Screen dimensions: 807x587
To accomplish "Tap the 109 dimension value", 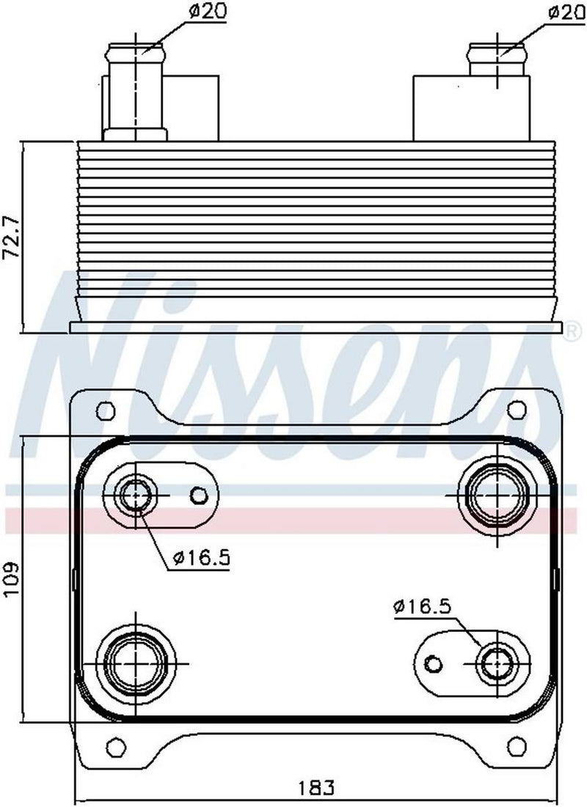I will (12, 579).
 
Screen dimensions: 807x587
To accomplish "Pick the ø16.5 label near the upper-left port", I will (203, 559).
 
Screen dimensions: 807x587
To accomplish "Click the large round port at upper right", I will (496, 496).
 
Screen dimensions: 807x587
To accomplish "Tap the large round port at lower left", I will (136, 664).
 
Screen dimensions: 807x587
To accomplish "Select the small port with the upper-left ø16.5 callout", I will (136, 496).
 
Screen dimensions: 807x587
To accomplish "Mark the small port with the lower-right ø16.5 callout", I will (496, 664).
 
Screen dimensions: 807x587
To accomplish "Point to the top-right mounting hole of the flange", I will (517, 409).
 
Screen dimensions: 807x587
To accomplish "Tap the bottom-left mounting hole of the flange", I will (114, 748).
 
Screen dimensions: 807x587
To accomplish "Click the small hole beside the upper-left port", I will (198, 496).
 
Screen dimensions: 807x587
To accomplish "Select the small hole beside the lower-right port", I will (434, 664).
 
